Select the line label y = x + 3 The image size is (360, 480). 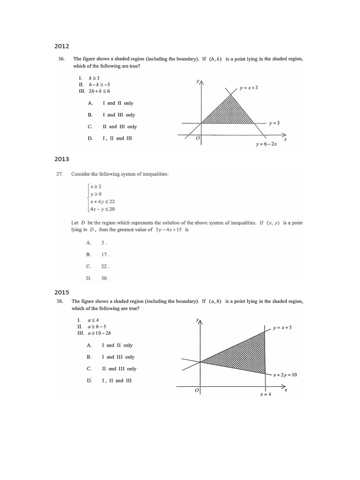(x=249, y=88)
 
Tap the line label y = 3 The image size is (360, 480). (x=274, y=123)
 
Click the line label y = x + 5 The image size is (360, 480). (x=282, y=328)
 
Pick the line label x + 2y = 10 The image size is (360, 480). (x=285, y=375)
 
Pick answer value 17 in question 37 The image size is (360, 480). (x=104, y=255)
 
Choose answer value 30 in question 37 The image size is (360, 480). (x=104, y=278)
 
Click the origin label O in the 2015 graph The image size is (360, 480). (x=197, y=390)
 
